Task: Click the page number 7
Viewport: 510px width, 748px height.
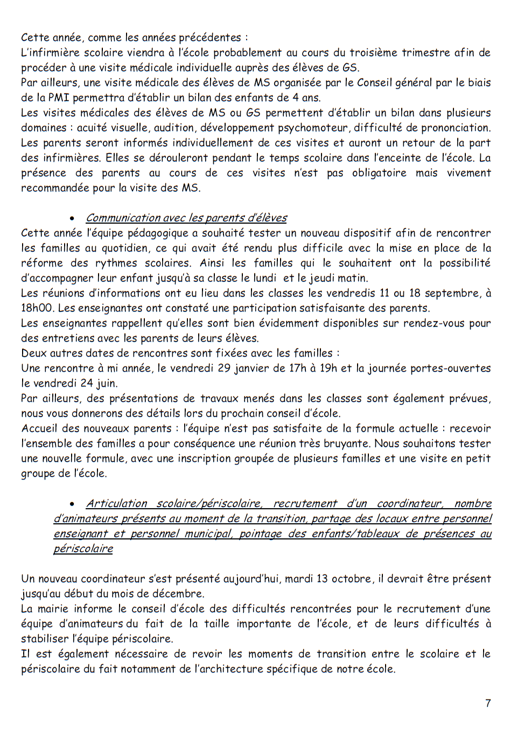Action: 488,703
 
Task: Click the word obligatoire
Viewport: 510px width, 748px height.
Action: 379,173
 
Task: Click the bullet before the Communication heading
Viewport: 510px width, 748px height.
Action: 72,218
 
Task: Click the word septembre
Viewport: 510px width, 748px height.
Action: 451,294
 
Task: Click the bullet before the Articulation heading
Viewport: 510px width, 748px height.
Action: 72,504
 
